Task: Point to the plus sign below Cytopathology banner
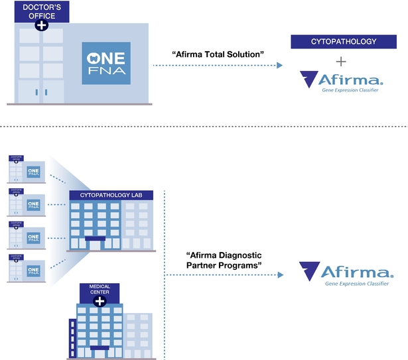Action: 341,62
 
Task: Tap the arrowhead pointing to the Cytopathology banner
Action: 280,66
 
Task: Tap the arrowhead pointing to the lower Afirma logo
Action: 282,270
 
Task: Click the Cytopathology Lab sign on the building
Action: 111,194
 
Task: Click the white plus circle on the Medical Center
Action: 100,302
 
